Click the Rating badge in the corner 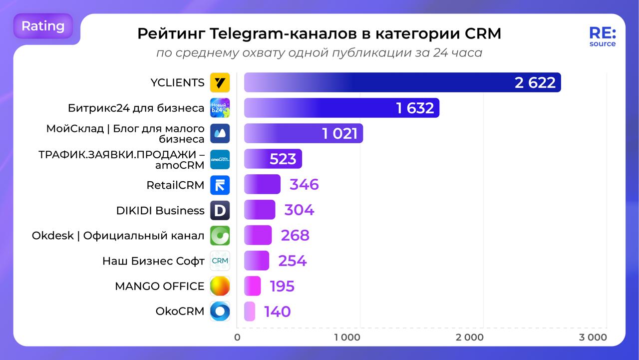43,26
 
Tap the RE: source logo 603,36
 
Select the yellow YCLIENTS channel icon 220,82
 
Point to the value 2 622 535,82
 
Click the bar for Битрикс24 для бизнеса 341,108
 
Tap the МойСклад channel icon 220,133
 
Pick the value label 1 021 339,133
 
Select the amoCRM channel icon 220,159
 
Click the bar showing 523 273,159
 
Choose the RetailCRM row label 175,185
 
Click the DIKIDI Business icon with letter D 220,210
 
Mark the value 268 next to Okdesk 295,235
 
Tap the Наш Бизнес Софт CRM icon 220,261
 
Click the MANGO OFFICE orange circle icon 220,286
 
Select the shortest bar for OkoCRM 249,312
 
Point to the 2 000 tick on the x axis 470,338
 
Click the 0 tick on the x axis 237,338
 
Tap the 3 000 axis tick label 593,338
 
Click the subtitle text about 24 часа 319,52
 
